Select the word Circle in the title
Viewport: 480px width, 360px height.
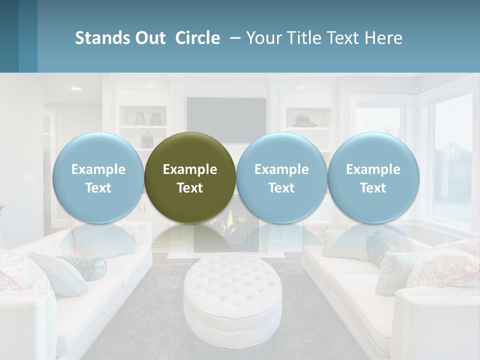[197, 38]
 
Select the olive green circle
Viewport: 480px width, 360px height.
[190, 177]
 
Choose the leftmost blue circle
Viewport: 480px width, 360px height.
[98, 177]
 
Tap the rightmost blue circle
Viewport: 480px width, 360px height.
[373, 177]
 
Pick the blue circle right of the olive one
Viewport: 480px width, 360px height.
[281, 177]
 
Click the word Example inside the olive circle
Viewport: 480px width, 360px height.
[190, 169]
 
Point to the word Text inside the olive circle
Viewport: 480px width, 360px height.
[190, 188]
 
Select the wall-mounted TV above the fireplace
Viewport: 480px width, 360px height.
[226, 113]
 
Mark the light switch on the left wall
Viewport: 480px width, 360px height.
[28, 178]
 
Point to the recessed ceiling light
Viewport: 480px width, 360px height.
[76, 89]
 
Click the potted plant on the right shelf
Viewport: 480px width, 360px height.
[303, 120]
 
